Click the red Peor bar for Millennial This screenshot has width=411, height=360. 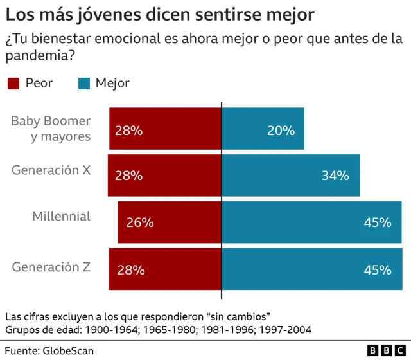[x=170, y=222]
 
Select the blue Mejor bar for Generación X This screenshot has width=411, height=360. [x=290, y=175]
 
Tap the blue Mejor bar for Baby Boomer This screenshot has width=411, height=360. [x=263, y=129]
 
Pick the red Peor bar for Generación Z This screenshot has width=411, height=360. [x=165, y=269]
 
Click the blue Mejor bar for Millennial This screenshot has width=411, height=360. [x=311, y=222]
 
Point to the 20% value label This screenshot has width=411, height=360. [x=281, y=130]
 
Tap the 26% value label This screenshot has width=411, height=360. [x=139, y=223]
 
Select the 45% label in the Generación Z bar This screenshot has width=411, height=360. [x=378, y=270]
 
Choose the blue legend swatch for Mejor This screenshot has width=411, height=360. [x=83, y=83]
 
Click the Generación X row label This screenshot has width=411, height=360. [x=51, y=170]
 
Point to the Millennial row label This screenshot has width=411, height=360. [x=62, y=217]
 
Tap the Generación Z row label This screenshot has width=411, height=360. [x=51, y=265]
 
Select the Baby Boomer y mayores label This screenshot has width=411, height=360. [x=51, y=129]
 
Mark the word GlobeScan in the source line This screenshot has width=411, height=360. [x=68, y=351]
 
